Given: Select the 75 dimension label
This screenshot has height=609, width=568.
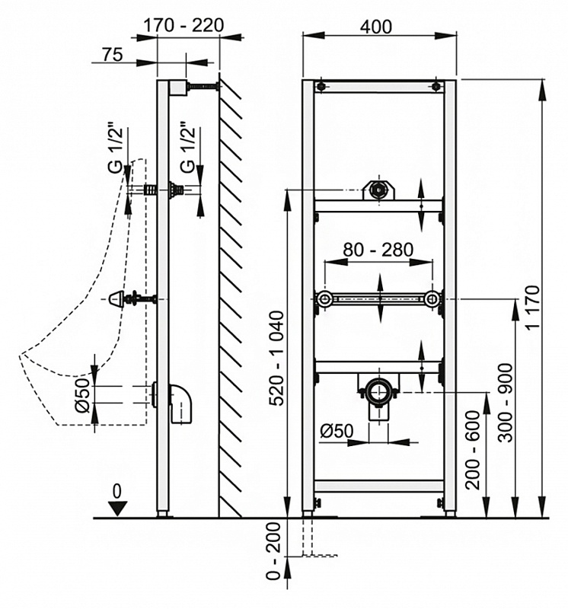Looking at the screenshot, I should pyautogui.click(x=113, y=54).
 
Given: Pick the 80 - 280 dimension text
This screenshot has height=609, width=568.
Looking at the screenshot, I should pyautogui.click(x=378, y=250).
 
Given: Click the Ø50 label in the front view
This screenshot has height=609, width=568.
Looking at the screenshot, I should pyautogui.click(x=336, y=430).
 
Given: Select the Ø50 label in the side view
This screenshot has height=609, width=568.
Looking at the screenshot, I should pyautogui.click(x=85, y=397).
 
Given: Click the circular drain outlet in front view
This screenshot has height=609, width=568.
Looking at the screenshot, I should pyautogui.click(x=378, y=391).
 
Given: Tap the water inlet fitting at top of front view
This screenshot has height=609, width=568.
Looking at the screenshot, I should pyautogui.click(x=377, y=190).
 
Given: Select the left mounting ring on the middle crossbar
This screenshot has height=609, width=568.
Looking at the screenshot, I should pyautogui.click(x=326, y=299).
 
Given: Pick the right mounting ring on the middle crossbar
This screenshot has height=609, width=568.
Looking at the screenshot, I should pyautogui.click(x=432, y=299).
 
